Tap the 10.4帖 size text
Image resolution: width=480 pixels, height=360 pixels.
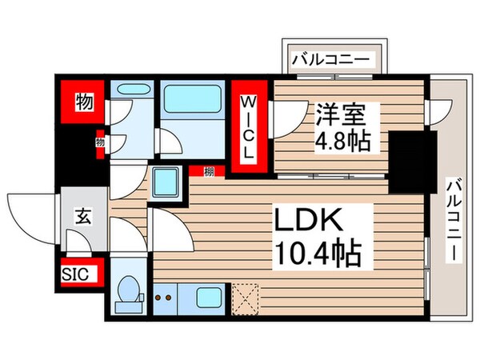tap(318, 254)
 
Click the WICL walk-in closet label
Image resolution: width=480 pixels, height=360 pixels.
tap(248, 128)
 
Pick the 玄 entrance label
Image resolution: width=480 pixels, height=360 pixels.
tap(83, 215)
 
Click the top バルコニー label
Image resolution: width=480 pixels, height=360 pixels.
tap(329, 58)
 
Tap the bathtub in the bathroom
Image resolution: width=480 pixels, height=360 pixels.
tap(193, 102)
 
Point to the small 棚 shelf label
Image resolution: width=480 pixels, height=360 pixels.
tap(207, 170)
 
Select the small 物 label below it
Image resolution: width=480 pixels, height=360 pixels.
tap(100, 142)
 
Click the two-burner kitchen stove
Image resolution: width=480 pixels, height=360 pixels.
tap(165, 301)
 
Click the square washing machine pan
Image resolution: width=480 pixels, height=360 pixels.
tap(169, 186)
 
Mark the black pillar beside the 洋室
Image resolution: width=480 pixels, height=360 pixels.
tap(408, 160)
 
